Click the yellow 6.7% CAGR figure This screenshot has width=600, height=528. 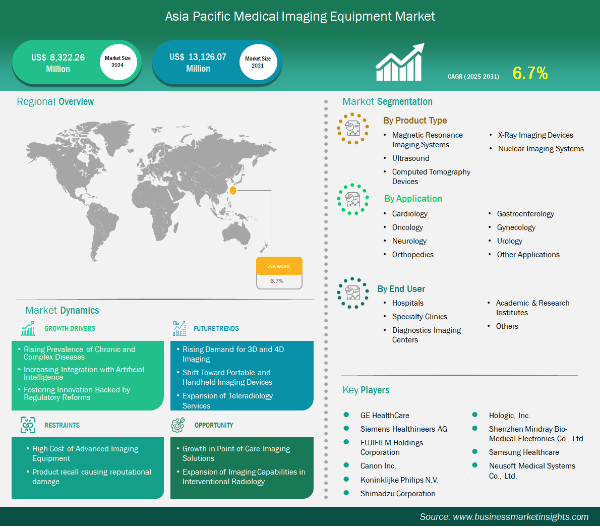(530, 73)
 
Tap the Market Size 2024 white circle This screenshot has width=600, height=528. (118, 62)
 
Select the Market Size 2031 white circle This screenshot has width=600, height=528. (258, 62)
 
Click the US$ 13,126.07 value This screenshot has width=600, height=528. (198, 57)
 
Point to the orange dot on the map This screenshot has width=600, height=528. (232, 190)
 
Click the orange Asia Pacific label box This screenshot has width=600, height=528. (279, 266)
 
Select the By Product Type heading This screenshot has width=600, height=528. (415, 121)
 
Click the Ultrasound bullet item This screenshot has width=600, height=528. (410, 158)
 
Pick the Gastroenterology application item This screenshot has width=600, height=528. (525, 214)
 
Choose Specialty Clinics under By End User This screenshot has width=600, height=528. (419, 317)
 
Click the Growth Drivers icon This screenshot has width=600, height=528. (28, 328)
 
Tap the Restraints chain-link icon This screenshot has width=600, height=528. (28, 425)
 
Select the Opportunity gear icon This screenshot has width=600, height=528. (178, 425)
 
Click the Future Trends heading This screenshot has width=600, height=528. (216, 329)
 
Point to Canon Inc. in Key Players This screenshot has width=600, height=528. (378, 466)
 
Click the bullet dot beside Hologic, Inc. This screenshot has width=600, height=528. (475, 415)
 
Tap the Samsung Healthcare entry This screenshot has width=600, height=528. (524, 452)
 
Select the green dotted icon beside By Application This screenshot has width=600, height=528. (353, 199)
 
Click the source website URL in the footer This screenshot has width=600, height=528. (521, 517)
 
